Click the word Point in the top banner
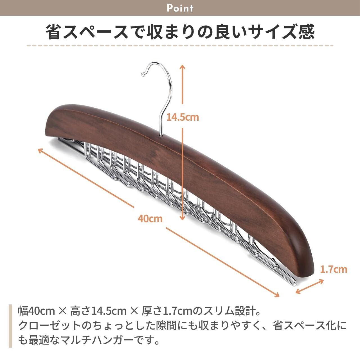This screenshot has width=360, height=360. click(x=180, y=8)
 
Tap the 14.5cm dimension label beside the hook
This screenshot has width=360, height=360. click(x=182, y=117)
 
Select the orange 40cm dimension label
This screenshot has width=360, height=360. click(x=150, y=218)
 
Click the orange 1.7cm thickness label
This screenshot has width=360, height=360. click(x=334, y=269)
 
